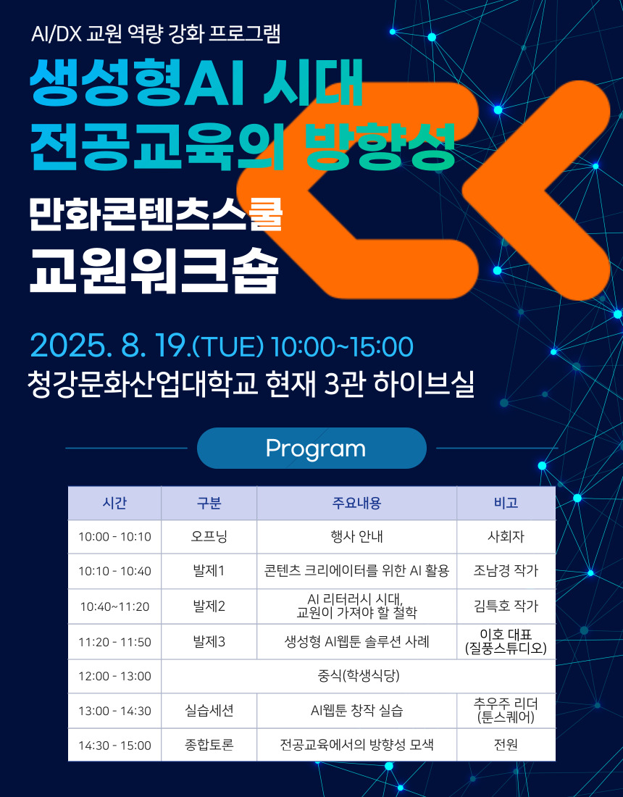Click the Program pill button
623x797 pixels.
pos(311,448)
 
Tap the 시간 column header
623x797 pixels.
pos(115,503)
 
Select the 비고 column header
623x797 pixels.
pos(506,503)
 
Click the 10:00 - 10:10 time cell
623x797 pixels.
pos(115,537)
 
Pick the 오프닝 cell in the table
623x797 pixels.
pos(209,537)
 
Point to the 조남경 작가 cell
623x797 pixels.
pos(506,571)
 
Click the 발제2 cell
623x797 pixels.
pos(209,606)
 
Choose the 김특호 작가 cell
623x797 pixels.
pos(506,606)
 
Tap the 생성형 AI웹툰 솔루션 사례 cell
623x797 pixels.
pos(356,641)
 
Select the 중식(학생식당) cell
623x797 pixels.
pos(359,676)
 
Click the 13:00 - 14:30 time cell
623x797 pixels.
pos(115,711)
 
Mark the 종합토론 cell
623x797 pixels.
pos(209,745)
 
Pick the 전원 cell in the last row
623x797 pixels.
pos(506,745)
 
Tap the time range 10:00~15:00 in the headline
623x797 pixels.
pos(342,346)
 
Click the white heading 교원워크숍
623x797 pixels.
pos(154,270)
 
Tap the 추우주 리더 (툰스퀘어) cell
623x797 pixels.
pos(506,711)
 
